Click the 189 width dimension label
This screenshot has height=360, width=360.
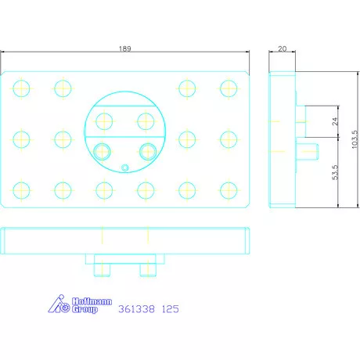pyautogui.click(x=125, y=49)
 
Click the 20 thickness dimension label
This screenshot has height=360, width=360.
pyautogui.click(x=282, y=49)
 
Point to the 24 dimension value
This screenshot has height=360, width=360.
pyautogui.click(x=335, y=121)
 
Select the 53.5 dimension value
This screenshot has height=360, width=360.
pyautogui.click(x=335, y=172)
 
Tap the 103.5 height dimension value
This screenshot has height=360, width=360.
pyautogui.click(x=355, y=139)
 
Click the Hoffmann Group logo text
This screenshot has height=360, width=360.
pyautogui.click(x=92, y=305)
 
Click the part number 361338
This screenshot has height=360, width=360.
pyautogui.click(x=136, y=309)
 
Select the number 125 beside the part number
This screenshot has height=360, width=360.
pyautogui.click(x=171, y=309)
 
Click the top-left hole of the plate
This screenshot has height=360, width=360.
pyautogui.click(x=21, y=88)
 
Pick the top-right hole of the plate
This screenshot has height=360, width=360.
pyautogui.click(x=229, y=88)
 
